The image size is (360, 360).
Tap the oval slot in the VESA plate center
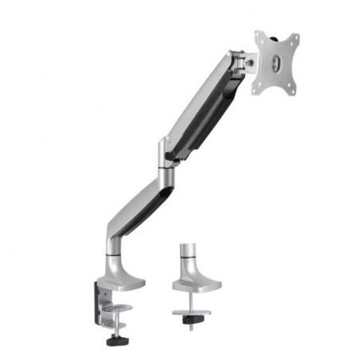coord(276,65)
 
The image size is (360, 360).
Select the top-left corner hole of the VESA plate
coord(260,36)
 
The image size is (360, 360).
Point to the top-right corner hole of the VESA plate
coord(293,39)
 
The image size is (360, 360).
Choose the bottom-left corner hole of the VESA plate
coord(258,87)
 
